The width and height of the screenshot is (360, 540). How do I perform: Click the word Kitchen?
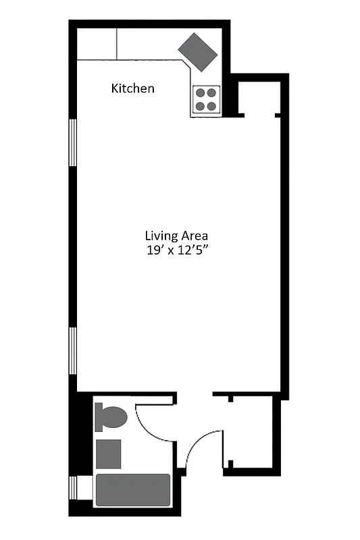133,88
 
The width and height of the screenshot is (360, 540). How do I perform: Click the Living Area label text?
176,236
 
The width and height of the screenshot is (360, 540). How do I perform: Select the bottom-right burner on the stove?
212,105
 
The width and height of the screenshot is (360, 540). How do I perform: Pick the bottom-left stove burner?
201,105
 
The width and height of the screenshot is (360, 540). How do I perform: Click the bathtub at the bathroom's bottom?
132,490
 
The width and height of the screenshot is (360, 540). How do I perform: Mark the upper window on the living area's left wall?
72,151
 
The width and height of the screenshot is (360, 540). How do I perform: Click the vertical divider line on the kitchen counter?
118,45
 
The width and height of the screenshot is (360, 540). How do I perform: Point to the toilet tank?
99,417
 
